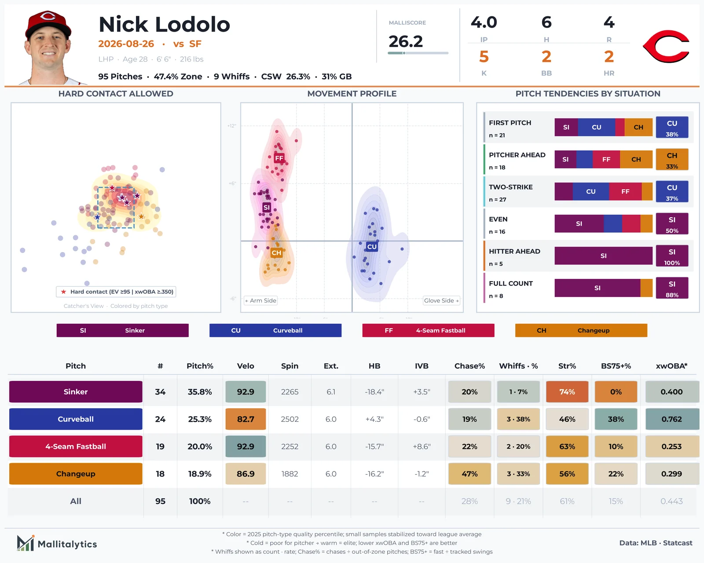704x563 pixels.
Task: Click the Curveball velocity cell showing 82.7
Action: (246, 419)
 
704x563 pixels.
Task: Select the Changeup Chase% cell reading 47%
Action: (469, 473)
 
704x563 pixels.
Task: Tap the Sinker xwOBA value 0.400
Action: (671, 391)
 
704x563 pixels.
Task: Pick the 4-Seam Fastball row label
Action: (76, 446)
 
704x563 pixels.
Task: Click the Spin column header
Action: (290, 366)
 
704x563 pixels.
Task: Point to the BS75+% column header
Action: (616, 366)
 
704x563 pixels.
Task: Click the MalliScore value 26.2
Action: (406, 41)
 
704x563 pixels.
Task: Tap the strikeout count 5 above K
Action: (484, 57)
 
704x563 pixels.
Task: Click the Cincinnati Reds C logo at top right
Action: (666, 46)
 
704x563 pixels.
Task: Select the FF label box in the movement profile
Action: (279, 158)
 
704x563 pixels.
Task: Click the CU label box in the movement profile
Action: (372, 247)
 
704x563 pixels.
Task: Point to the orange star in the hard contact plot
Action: (141, 216)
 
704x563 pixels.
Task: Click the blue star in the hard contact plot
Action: (97, 217)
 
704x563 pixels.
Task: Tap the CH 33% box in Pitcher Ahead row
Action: (672, 159)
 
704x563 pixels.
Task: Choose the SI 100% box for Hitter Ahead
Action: (672, 256)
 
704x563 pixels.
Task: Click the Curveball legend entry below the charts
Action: (275, 330)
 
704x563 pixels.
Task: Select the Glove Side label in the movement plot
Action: (441, 300)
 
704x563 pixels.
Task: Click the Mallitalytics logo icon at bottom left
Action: (26, 543)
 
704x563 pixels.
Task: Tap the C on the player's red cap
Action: (48, 16)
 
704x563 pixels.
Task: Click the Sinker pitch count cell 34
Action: (160, 391)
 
